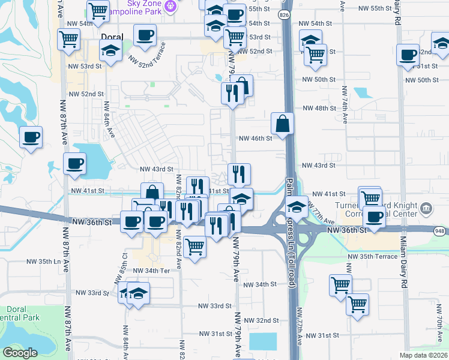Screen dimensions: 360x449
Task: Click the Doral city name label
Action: [x=112, y=37]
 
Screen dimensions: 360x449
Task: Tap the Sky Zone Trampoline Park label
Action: [x=142, y=7]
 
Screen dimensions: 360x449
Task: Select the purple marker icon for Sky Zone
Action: [x=170, y=6]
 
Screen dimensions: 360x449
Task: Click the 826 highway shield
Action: [x=285, y=14]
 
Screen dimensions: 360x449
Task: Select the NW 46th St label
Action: [x=255, y=138]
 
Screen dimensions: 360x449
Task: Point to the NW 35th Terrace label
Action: [x=372, y=256]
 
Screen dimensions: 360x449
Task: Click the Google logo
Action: [x=20, y=353]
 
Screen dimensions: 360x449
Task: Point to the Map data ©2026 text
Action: [x=423, y=355]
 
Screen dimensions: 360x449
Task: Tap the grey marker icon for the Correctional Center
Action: [x=426, y=209]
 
